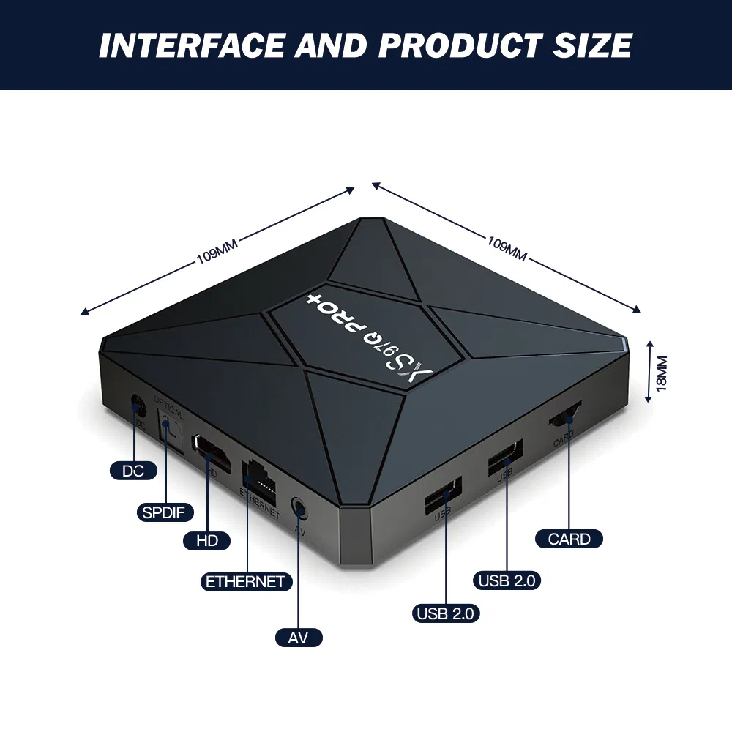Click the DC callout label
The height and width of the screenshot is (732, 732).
point(133,471)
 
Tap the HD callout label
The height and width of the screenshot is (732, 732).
point(207,541)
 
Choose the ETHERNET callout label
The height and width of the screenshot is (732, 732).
point(245,582)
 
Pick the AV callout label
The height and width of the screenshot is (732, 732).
point(298,638)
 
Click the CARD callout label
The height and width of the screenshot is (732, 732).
point(569,539)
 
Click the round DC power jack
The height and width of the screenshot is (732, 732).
point(135,405)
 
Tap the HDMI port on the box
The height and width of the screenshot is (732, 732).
point(210,451)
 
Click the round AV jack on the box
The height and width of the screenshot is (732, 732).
point(298,506)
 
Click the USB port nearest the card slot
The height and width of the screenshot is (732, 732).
point(505,459)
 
